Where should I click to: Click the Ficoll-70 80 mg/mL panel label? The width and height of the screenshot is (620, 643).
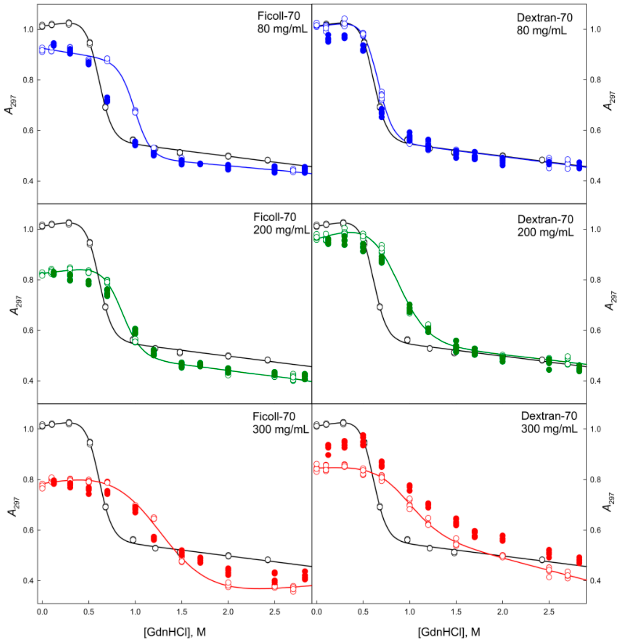tap(282, 22)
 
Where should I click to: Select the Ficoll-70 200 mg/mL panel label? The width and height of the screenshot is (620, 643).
tap(281, 223)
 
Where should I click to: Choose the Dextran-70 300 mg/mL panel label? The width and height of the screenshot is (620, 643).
tap(549, 423)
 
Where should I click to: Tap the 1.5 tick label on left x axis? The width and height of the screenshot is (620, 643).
tap(181, 612)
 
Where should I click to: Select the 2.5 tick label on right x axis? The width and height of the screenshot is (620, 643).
tap(549, 612)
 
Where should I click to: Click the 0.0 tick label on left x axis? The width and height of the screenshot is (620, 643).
tap(42, 612)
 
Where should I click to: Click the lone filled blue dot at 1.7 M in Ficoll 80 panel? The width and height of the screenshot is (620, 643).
tap(200, 164)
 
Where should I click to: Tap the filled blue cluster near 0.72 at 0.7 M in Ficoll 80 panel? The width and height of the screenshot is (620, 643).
tap(107, 99)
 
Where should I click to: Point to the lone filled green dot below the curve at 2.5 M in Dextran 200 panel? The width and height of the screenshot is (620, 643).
tap(549, 369)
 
